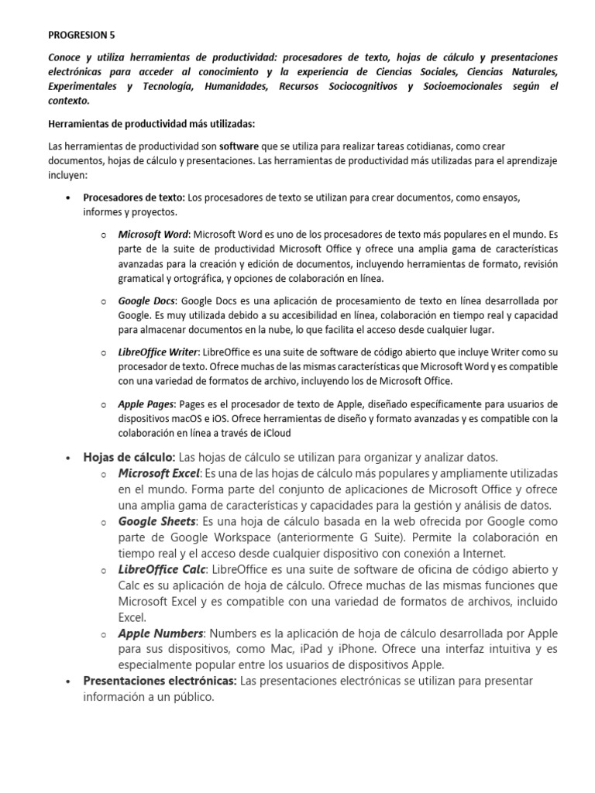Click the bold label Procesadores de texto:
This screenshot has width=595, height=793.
coord(134,197)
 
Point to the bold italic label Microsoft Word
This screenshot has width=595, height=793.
coord(153,234)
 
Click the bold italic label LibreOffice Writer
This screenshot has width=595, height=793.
coord(158,352)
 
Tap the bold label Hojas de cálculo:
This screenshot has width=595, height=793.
coord(129,457)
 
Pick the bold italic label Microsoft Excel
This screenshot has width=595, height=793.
coord(160,473)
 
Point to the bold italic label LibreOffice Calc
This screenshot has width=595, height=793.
coord(162,569)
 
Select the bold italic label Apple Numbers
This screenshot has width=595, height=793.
coord(160,633)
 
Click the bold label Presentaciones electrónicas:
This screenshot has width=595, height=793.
coord(160,681)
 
